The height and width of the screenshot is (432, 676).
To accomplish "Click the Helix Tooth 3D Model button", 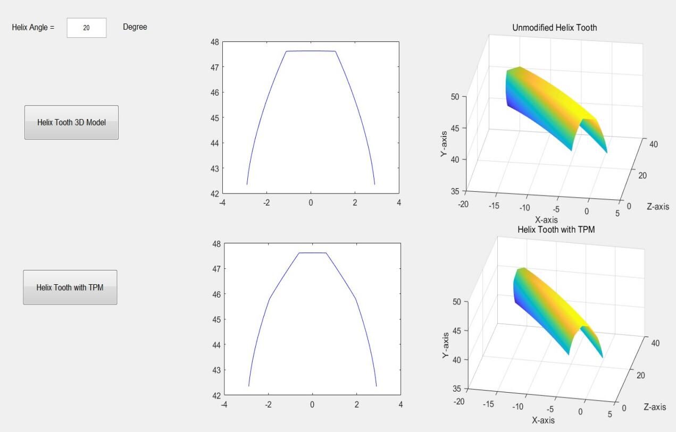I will coord(71,122).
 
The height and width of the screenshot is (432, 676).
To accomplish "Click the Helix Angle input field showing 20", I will coord(86,28).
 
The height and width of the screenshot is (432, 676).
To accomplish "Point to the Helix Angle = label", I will coord(33,27).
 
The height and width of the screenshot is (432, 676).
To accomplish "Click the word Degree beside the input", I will coord(135,27).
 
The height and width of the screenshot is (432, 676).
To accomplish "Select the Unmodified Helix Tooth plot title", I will coord(554,28).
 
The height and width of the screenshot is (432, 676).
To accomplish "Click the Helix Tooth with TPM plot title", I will coord(556,230).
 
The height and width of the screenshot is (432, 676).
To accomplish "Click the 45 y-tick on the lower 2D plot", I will coord(217,319).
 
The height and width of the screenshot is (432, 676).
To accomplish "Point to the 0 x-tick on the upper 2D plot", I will coord(311,202).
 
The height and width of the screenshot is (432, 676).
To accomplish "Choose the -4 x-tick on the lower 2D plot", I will coord(224,404).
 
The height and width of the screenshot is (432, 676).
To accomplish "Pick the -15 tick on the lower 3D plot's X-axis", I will coord(488,404).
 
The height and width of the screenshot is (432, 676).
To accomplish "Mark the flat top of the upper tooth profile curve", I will coord(311,51).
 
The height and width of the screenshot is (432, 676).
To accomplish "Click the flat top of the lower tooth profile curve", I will coord(312,253).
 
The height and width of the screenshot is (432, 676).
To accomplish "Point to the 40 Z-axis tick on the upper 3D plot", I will coord(654,144).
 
